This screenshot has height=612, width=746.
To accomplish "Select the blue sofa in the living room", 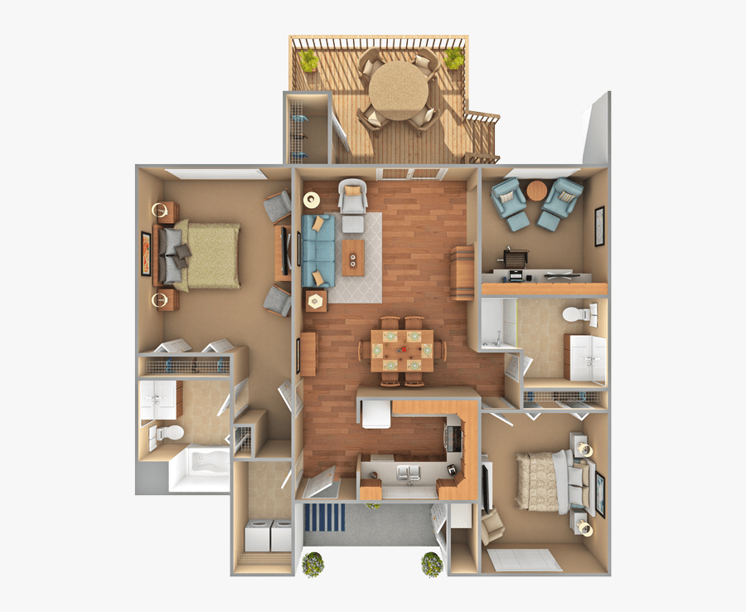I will tap(318, 250).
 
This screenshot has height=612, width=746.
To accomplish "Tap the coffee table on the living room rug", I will tap(354, 258).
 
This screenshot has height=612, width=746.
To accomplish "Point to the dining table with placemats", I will tap(402, 350).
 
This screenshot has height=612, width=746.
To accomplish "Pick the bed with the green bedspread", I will tap(204, 255).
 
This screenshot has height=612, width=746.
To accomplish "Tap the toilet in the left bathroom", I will tap(168, 432).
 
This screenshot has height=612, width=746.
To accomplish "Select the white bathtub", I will tap(199, 470).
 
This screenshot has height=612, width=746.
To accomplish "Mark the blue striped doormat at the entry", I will tap(324, 517).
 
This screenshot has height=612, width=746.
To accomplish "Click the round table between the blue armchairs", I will tap(537, 192).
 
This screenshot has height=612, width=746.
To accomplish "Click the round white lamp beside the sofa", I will tap(312, 199).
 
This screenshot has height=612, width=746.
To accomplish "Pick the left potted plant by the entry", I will tap(312, 563).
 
